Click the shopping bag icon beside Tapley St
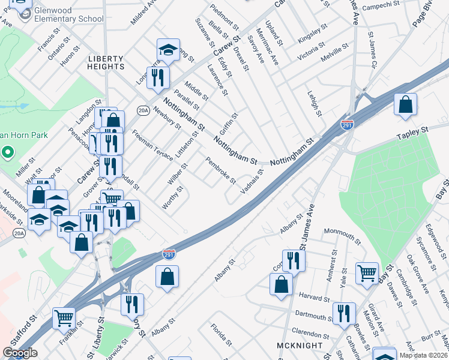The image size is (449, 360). [406, 104]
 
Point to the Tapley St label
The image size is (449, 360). [413, 131]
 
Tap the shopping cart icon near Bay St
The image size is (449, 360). [366, 273]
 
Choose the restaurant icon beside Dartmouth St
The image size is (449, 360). [344, 314]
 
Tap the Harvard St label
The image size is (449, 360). [314, 298]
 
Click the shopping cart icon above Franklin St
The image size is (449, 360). [64, 319]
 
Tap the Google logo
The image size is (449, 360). [20, 353]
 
